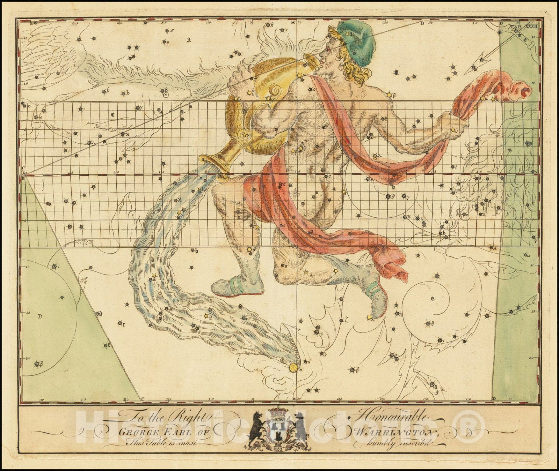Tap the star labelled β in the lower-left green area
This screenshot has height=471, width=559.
tap(37, 365)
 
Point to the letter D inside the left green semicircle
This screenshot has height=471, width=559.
tap(40, 317)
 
